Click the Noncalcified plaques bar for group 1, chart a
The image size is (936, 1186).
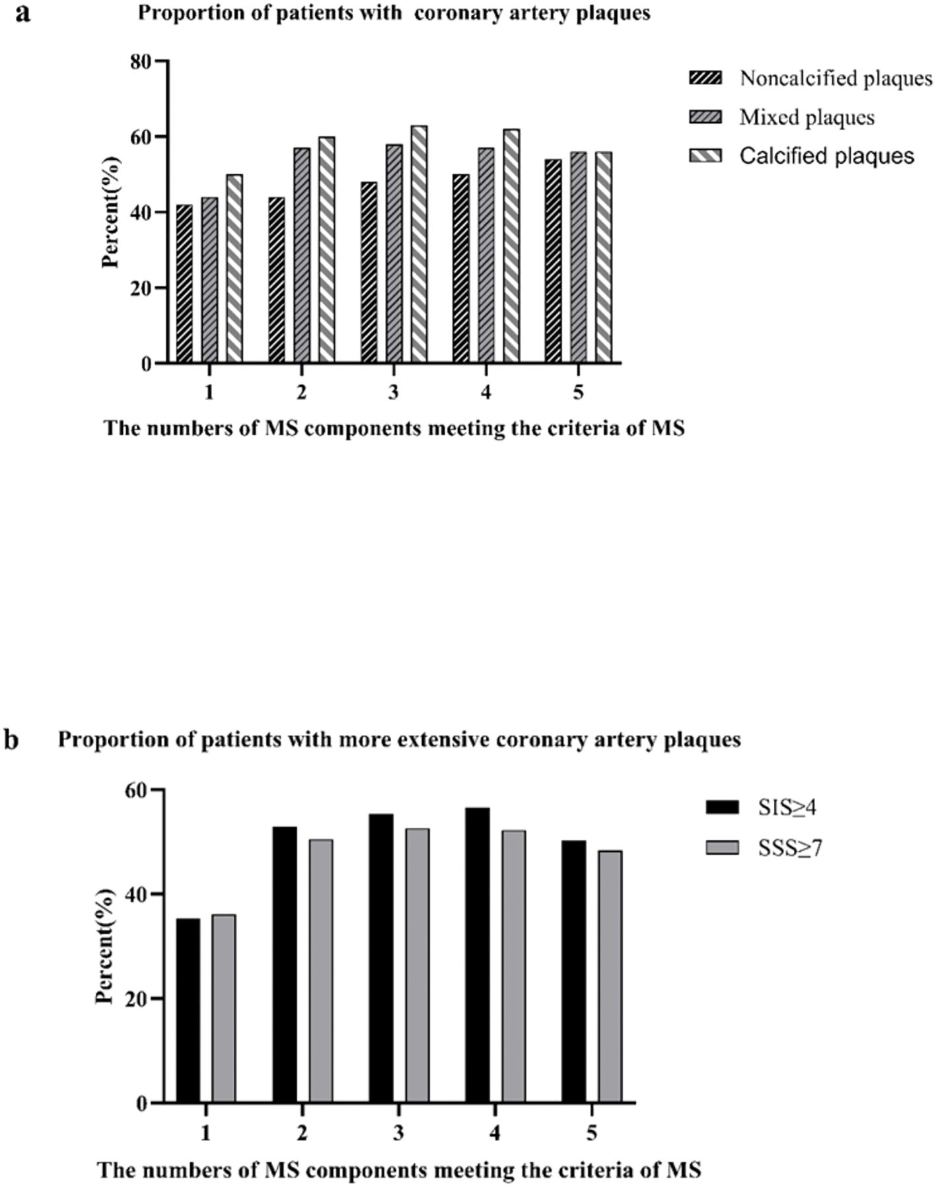click(184, 284)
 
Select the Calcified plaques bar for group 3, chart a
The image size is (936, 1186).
click(419, 244)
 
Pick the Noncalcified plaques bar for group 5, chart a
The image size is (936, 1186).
click(554, 262)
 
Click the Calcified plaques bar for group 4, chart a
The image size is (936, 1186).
click(511, 246)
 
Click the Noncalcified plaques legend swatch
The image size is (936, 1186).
click(705, 78)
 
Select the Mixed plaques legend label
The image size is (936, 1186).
click(807, 118)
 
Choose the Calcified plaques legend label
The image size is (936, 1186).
click(826, 156)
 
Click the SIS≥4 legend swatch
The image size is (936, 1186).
click(722, 807)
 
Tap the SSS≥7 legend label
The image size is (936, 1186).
click(790, 848)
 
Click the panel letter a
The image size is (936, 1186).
click(23, 13)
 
